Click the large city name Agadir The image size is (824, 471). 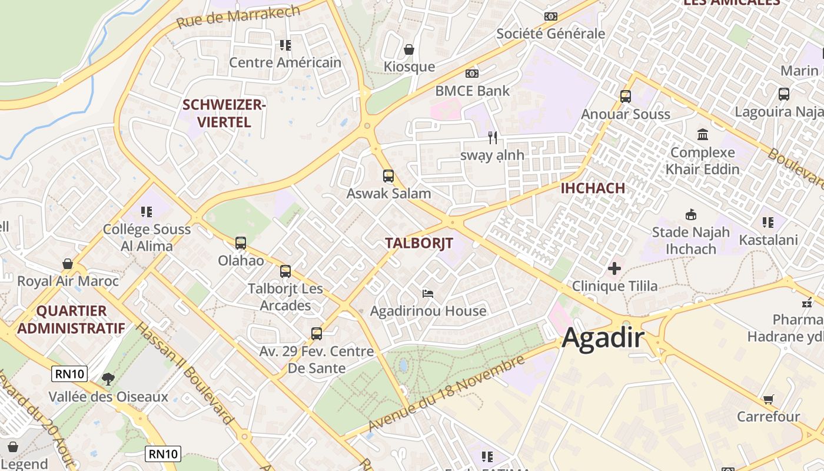pos(603,339)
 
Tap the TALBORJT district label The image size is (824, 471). pos(418,243)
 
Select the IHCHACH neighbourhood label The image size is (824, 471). pos(593,188)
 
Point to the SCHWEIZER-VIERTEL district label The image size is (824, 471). pos(224,114)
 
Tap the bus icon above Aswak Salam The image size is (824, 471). pos(388,175)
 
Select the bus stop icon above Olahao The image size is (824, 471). pos(240,243)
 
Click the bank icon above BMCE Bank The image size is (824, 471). pos(471,74)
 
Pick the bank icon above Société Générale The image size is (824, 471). pos(550,16)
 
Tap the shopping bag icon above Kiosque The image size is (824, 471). pos(409,49)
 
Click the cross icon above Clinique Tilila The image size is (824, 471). pos(614,268)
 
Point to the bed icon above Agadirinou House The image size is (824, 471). pos(428,293)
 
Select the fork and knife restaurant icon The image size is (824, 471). pos(493,138)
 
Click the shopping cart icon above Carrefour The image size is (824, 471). pos(768,400)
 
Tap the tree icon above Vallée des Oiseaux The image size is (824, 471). pos(108,379)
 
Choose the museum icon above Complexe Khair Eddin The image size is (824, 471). pos(703,135)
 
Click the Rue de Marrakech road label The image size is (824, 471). pos(238,16)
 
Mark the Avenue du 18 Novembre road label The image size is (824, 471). pos(446,393)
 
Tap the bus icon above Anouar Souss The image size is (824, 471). pos(625,96)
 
